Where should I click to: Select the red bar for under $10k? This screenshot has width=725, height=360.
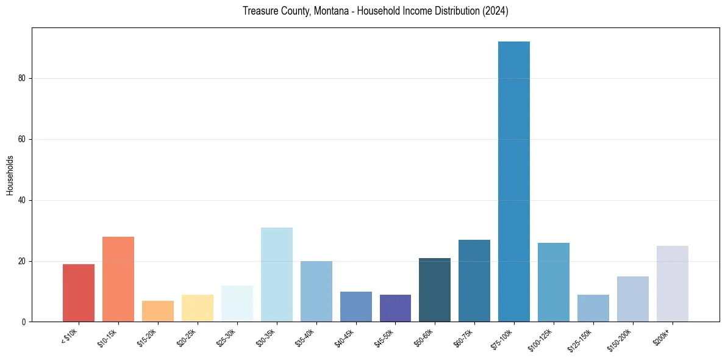point(79,293)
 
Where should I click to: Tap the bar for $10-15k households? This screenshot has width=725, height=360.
point(118,279)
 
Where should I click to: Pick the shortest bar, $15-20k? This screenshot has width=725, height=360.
point(158,311)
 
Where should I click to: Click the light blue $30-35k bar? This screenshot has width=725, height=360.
point(277,275)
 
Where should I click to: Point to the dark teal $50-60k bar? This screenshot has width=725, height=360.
point(435,290)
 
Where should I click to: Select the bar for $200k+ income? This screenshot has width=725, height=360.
point(672,284)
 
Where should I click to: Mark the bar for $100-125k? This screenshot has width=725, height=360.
point(554,282)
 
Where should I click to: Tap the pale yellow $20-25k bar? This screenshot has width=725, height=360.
point(198,308)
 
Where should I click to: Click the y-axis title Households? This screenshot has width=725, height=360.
point(10,175)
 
